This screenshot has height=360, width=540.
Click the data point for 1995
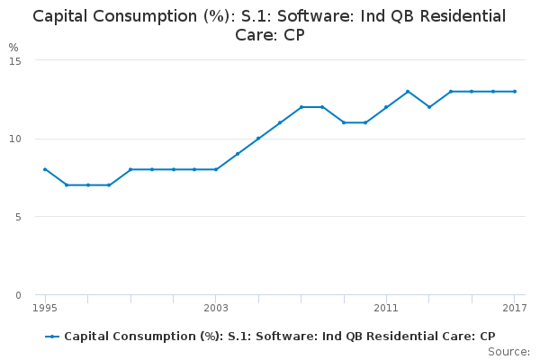(45, 169)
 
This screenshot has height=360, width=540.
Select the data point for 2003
(216, 169)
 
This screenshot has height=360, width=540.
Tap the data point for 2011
(386, 107)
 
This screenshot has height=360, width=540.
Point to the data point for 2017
(514, 91)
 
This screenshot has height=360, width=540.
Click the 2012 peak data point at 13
(408, 91)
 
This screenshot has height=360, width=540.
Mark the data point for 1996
(67, 184)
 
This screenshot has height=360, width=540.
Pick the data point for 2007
(301, 107)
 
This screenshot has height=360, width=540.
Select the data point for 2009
(344, 122)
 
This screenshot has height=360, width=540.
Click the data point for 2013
(429, 107)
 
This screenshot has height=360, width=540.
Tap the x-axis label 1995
(45, 308)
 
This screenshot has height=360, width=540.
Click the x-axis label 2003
(216, 308)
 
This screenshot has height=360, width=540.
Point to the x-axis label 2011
(386, 308)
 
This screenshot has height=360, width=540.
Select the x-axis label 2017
(514, 308)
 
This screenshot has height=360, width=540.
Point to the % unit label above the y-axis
(13, 47)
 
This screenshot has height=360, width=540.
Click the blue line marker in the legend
(53, 337)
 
